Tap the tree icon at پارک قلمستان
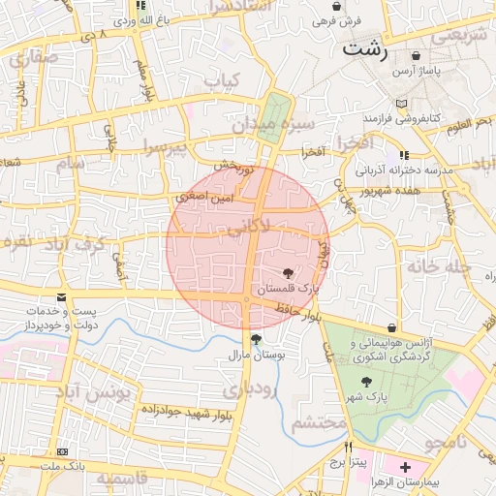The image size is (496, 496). [288, 274]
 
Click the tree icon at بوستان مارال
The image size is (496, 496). [255, 339]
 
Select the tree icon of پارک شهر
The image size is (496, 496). [365, 382]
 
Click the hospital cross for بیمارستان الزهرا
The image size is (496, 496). [405, 467]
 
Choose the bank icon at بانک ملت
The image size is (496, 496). [63, 452]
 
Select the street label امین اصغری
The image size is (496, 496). [203, 197]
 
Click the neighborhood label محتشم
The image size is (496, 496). [319, 421]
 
